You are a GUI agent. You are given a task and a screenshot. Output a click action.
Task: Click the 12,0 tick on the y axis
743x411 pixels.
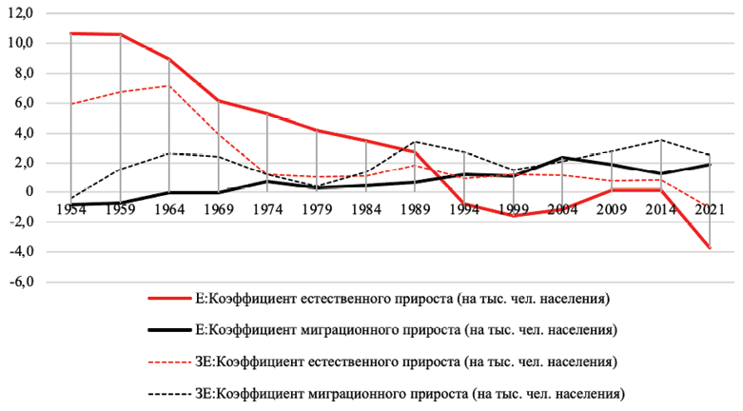pyautogui.click(x=21, y=12)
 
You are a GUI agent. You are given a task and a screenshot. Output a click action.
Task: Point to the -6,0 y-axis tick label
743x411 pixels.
pyautogui.click(x=21, y=282)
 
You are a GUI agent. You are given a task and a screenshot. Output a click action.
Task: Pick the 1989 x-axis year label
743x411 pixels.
pyautogui.click(x=415, y=207)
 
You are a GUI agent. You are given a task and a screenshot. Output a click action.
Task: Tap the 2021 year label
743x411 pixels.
pyautogui.click(x=708, y=207)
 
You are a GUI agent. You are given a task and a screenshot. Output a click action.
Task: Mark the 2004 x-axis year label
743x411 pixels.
pyautogui.click(x=561, y=207)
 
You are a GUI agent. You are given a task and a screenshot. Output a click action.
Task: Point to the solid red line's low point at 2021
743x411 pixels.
pyautogui.click(x=709, y=248)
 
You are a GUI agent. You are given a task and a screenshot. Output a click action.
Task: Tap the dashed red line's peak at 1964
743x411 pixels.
pyautogui.click(x=169, y=85)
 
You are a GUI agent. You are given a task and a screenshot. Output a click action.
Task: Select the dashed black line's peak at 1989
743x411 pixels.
pyautogui.click(x=415, y=142)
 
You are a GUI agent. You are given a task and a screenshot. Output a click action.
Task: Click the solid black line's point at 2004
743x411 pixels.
pyautogui.click(x=561, y=157)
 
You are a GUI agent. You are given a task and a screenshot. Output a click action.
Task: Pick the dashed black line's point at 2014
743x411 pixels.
pyautogui.click(x=660, y=140)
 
